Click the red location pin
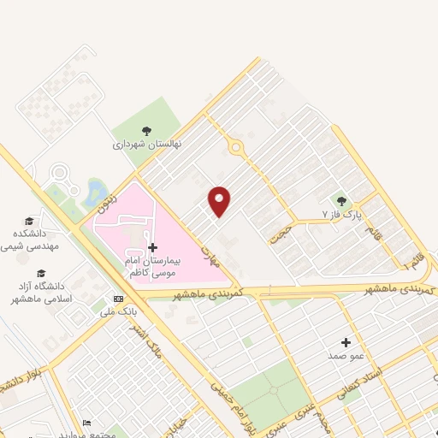tap(220, 200)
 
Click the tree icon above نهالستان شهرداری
tap(146, 131)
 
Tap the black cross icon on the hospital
tap(152, 246)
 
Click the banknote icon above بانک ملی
tap(118, 299)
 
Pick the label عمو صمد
tap(346, 354)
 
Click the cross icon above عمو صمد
tap(346, 341)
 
